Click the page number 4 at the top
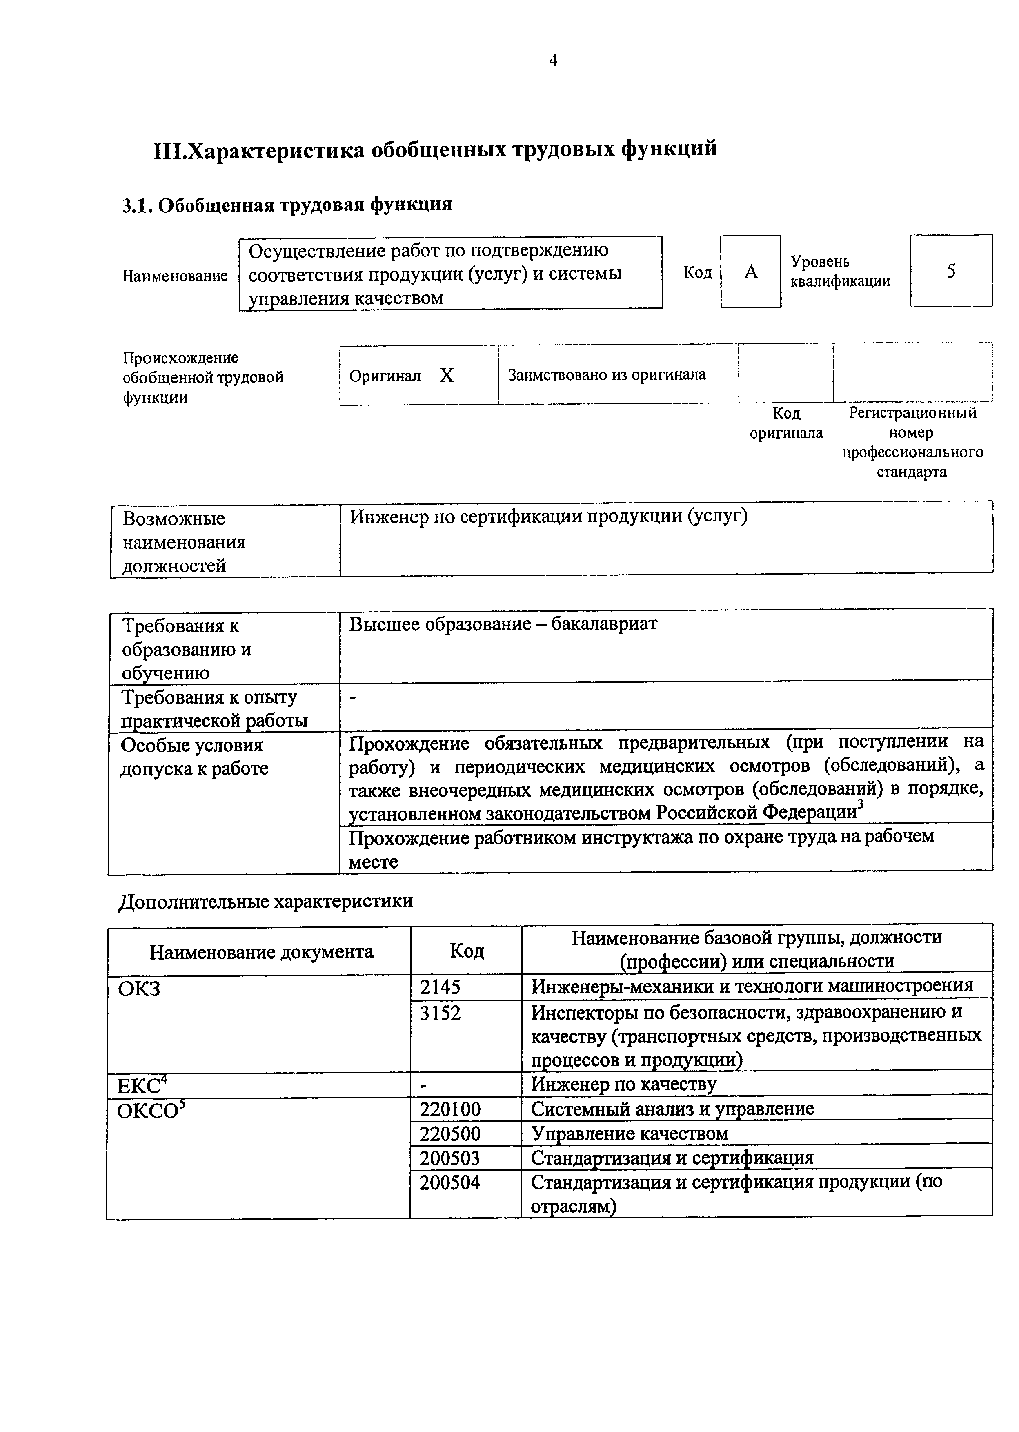553,60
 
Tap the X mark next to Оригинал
446,375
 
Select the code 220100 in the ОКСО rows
450,1109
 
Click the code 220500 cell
450,1134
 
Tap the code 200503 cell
450,1158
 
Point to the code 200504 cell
450,1183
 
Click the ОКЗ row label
139,989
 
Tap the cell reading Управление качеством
630,1134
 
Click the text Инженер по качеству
624,1085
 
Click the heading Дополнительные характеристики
266,901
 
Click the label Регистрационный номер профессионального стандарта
912,442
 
